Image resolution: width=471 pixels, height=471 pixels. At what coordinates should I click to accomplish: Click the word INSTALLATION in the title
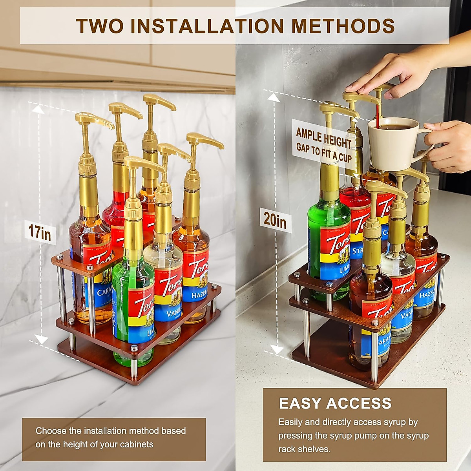pos(207,26)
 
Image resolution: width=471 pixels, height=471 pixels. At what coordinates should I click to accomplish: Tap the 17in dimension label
pos(39,231)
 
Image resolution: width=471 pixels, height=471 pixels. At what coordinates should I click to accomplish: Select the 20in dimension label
pos(275,220)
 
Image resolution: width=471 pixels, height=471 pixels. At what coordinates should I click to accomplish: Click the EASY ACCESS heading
pos(335,403)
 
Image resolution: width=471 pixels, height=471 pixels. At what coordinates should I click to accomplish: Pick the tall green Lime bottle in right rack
pos(328,235)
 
